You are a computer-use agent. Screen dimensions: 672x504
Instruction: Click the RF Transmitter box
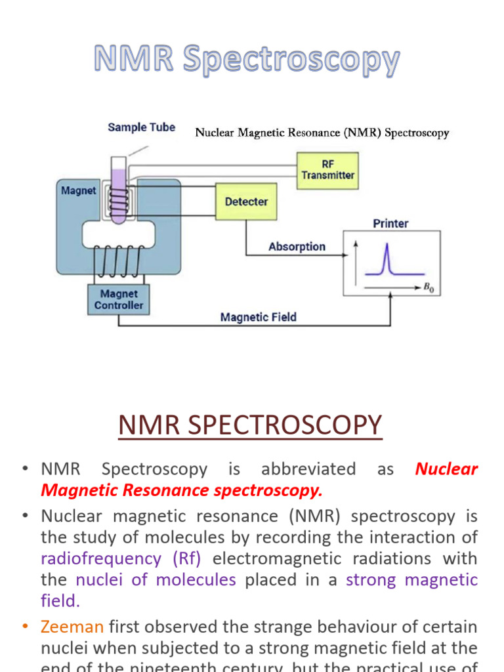click(x=327, y=170)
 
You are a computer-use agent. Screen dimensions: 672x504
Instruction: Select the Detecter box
click(x=246, y=201)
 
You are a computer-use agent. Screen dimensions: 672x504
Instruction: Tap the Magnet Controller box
click(x=119, y=299)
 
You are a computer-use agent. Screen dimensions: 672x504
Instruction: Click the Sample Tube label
click(x=141, y=127)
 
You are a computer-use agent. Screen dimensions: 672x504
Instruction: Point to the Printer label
click(x=390, y=223)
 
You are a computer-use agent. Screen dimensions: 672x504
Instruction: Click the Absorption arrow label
click(x=297, y=247)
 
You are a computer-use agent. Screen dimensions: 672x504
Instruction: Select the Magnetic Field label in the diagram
click(x=258, y=317)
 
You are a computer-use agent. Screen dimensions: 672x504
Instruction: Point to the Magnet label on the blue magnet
click(x=79, y=191)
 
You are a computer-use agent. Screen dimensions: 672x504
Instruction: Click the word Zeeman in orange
click(x=72, y=627)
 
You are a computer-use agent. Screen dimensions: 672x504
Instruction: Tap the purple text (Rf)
click(x=187, y=558)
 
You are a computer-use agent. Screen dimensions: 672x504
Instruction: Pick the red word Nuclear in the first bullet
click(x=447, y=469)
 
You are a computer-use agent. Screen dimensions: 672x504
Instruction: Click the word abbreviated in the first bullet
click(x=308, y=469)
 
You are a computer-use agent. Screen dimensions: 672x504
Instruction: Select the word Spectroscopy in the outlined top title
click(x=291, y=60)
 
